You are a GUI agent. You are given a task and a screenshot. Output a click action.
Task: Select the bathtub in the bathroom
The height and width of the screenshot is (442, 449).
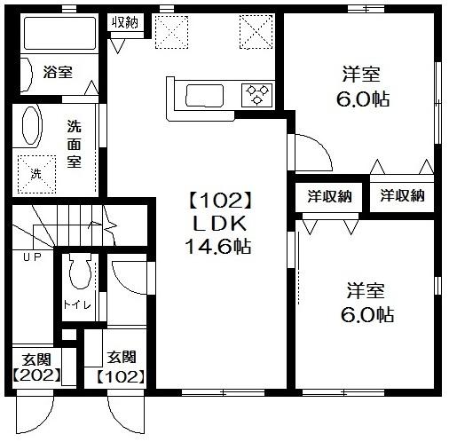click(58, 34)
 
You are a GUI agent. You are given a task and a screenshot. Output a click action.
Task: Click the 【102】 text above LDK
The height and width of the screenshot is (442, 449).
click(215, 201)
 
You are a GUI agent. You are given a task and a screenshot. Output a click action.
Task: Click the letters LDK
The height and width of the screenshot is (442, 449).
click(216, 224)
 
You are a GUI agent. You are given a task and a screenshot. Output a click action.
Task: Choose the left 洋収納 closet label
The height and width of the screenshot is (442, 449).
click(329, 196)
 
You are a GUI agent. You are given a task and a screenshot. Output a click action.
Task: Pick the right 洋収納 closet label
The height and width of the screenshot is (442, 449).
click(402, 196)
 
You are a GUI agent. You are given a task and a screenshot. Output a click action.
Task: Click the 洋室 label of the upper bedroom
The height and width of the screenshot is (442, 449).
click(365, 74)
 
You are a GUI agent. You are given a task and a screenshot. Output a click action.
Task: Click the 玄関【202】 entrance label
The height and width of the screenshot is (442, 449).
click(35, 366)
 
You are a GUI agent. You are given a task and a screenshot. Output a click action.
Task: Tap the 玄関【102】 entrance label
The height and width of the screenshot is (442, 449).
click(121, 366)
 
